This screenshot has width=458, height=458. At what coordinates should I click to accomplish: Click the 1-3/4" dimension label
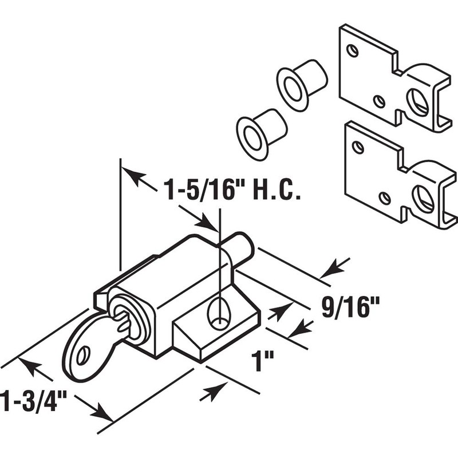pyautogui.click(x=31, y=399)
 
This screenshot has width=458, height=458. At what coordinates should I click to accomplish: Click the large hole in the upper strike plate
pyautogui.click(x=418, y=102)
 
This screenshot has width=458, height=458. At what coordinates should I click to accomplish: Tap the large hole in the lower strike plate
pyautogui.click(x=424, y=199)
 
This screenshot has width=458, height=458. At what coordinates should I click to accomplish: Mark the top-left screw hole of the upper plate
pyautogui.click(x=353, y=50)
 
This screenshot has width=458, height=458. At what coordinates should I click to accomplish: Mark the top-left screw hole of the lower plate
pyautogui.click(x=358, y=148)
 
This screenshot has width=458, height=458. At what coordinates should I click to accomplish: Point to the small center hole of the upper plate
pyautogui.click(x=379, y=101)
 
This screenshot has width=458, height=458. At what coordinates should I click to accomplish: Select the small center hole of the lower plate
pyautogui.click(x=385, y=199)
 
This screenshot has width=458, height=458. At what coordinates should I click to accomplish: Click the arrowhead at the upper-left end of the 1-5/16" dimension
pyautogui.click(x=132, y=175)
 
